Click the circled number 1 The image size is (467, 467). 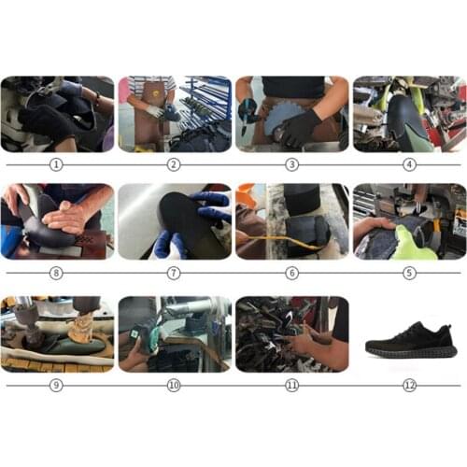click(56, 164)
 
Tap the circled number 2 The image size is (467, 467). click(174, 164)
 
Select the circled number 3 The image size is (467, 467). click(291, 164)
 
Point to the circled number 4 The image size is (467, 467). click(409, 164)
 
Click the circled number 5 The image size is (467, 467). click(409, 274)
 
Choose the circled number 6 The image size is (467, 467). click(291, 274)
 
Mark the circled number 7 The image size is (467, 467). click(174, 274)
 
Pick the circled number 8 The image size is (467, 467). click(56, 274)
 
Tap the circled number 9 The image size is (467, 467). click(56, 385)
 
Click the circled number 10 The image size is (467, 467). click(174, 385)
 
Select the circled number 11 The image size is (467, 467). click(291, 385)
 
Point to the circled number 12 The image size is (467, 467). click(409, 385)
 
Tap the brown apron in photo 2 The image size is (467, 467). click(150, 121)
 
